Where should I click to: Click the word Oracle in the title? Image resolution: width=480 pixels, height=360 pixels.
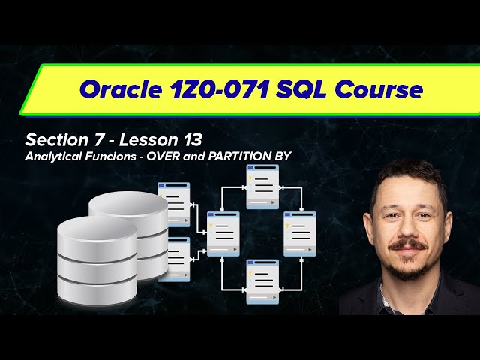[119, 91]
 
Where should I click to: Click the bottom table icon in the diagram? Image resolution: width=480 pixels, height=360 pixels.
[262, 281]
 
